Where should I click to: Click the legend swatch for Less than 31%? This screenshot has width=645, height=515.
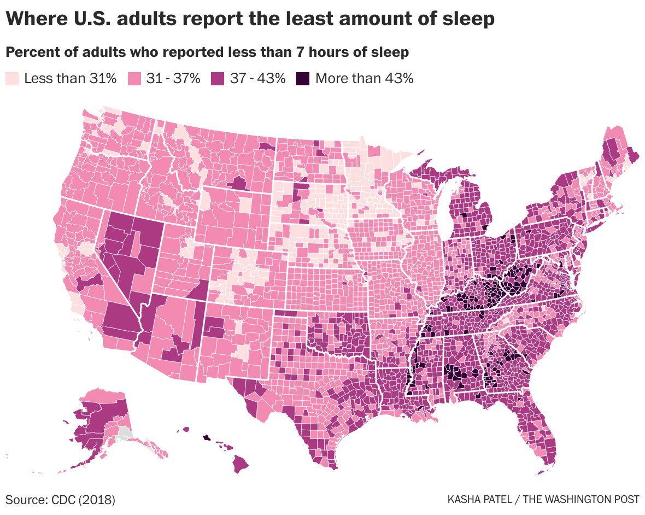point(12,78)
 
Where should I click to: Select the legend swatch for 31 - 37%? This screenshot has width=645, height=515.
point(134,78)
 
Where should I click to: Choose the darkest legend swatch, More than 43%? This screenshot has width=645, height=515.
point(302,78)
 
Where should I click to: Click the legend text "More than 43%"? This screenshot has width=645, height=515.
point(364,78)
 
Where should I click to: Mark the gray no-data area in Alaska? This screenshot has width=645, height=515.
point(125,435)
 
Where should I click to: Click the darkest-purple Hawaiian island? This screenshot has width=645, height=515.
point(207,437)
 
